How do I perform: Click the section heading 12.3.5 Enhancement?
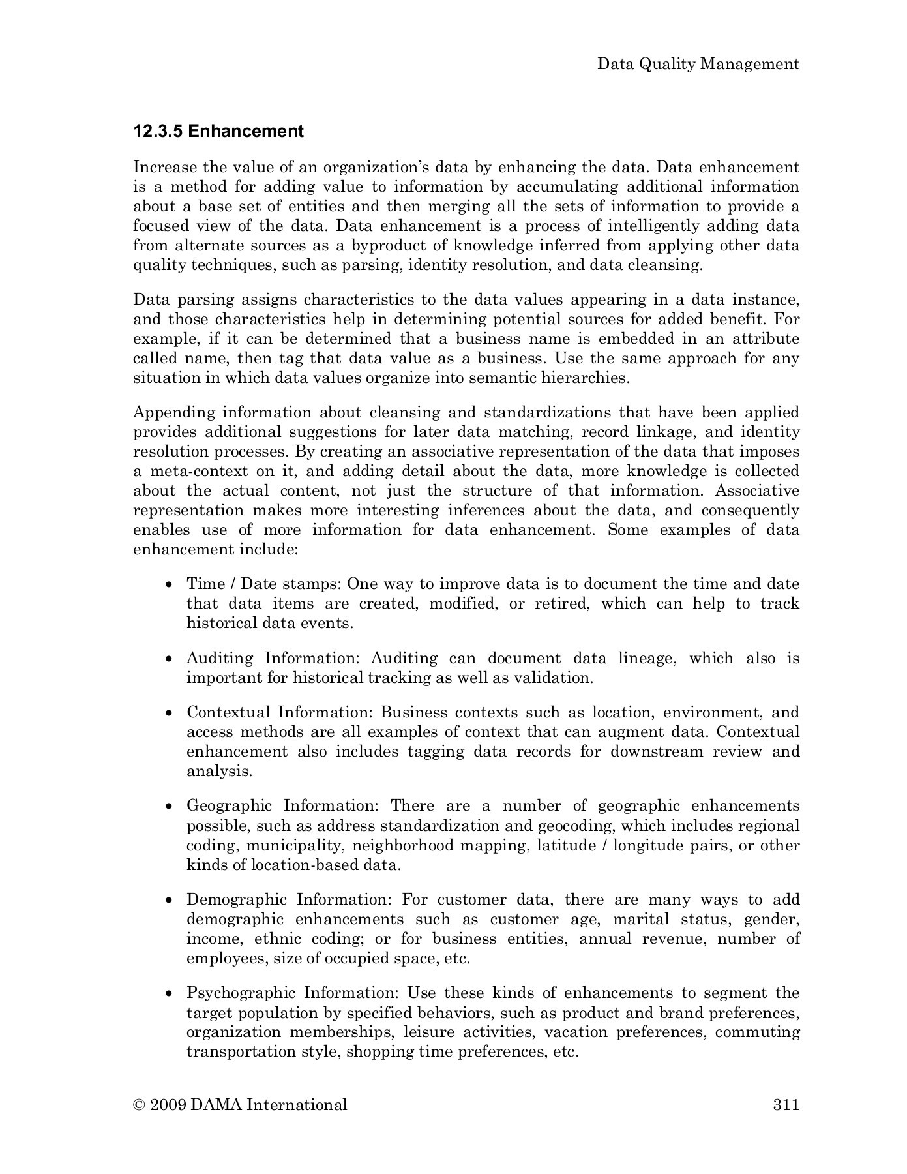[218, 132]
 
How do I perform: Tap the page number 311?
[786, 1105]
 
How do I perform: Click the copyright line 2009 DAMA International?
[240, 1105]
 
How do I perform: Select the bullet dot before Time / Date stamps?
[170, 585]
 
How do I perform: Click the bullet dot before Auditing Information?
[170, 659]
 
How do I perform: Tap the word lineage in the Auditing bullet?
[642, 659]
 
